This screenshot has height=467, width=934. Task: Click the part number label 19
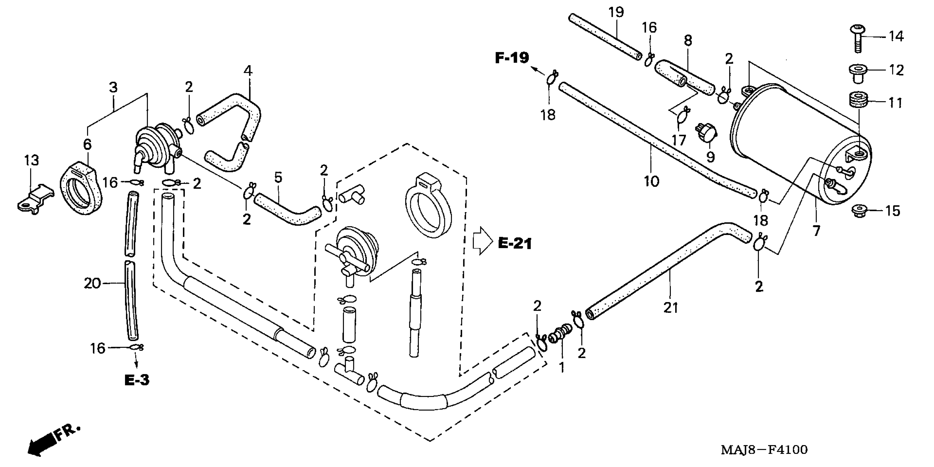coord(616,12)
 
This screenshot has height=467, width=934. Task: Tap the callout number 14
coord(896,36)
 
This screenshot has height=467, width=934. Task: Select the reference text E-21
coord(515,243)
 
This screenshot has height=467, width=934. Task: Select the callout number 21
coord(670,308)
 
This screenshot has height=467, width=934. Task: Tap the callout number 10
coord(651,181)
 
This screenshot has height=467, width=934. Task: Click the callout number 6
coord(87,144)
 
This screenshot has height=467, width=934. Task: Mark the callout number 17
coord(679,140)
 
